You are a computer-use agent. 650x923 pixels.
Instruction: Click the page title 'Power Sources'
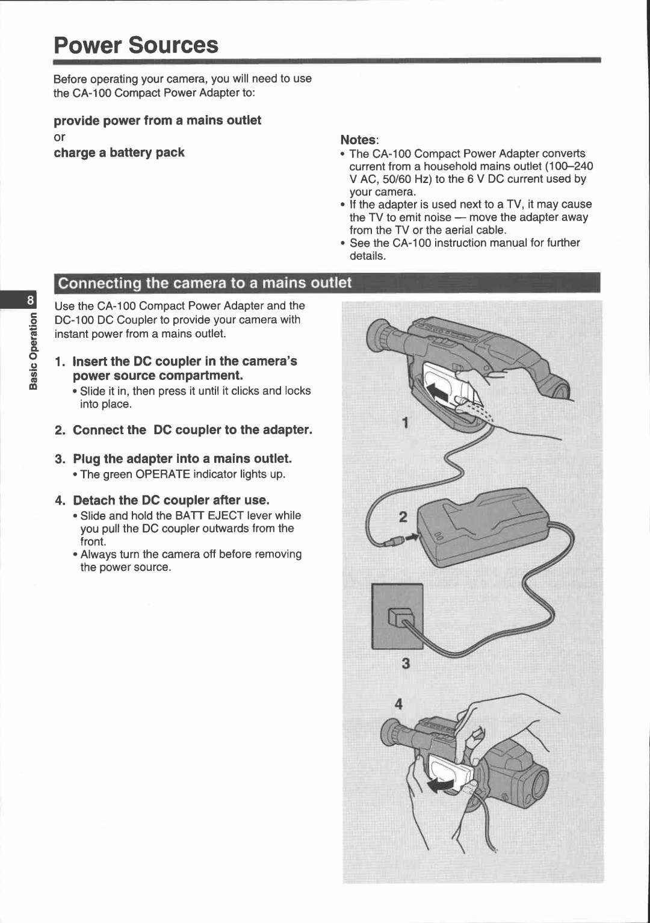point(136,45)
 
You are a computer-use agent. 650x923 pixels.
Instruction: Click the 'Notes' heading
point(359,140)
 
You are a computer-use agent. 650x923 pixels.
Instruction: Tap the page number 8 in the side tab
point(29,300)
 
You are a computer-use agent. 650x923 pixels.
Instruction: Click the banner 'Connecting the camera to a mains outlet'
point(205,283)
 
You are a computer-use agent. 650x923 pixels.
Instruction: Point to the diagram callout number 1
point(406,423)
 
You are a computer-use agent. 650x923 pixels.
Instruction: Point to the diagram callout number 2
point(403,517)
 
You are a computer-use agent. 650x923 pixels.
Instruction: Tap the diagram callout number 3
point(406,664)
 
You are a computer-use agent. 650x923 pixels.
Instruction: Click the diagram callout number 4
point(398,703)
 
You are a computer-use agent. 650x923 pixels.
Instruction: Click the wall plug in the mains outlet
point(400,618)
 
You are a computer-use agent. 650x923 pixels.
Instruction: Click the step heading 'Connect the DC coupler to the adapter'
point(192,430)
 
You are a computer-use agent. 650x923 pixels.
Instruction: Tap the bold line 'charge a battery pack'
point(119,153)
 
